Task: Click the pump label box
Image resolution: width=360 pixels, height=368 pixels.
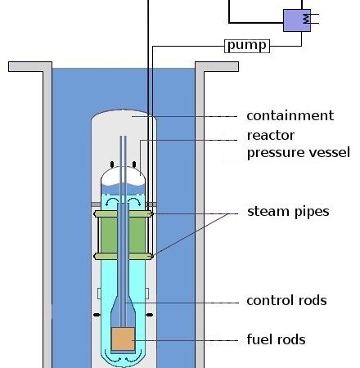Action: point(247,46)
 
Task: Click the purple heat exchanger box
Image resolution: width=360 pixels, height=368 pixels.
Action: point(297,20)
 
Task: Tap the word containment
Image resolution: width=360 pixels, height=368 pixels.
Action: point(290,115)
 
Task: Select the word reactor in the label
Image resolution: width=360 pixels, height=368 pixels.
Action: point(271,136)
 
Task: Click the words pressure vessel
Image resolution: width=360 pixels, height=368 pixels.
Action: point(299,153)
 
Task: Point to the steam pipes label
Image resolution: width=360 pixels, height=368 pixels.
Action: point(288,212)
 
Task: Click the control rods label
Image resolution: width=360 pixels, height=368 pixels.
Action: point(286,300)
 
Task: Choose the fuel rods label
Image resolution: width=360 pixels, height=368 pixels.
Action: point(276,339)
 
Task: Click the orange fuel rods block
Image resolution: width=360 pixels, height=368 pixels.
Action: point(124,339)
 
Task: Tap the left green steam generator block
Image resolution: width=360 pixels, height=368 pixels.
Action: point(109,236)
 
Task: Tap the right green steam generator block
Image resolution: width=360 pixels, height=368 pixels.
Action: point(137,236)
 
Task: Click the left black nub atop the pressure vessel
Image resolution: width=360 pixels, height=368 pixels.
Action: point(112,164)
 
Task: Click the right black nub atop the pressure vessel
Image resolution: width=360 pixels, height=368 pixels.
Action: point(134,164)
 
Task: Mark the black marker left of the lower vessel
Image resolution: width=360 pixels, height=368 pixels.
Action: point(97,315)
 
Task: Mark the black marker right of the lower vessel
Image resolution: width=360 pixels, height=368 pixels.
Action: point(150,315)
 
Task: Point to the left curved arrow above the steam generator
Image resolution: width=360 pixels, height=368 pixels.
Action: point(112,201)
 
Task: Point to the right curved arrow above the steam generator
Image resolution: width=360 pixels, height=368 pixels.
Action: point(134,201)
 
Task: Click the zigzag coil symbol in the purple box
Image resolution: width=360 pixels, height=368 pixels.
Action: point(307,19)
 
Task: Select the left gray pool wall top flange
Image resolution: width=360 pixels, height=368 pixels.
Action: point(30,67)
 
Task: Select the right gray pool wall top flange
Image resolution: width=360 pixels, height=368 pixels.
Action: point(217,67)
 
